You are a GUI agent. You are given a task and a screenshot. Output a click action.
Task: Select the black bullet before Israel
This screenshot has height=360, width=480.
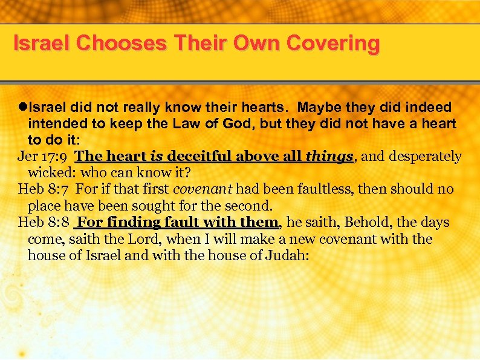[22, 108]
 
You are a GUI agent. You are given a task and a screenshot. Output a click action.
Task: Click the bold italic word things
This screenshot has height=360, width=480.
[329, 157]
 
